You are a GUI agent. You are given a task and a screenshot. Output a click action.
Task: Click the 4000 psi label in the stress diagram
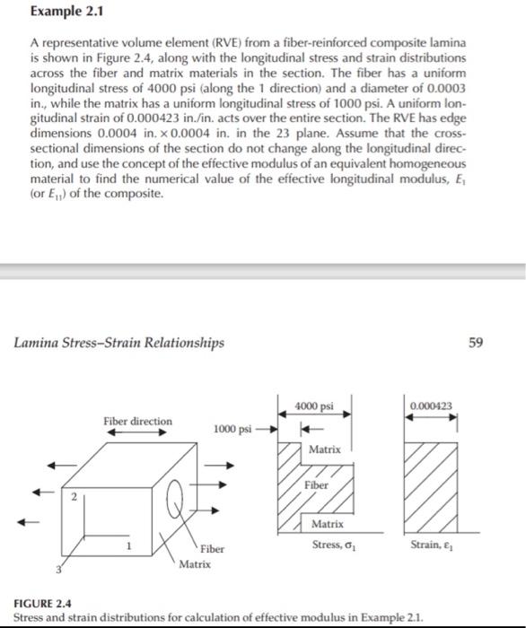pyautogui.click(x=314, y=406)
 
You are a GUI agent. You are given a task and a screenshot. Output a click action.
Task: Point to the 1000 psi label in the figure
pyautogui.click(x=232, y=429)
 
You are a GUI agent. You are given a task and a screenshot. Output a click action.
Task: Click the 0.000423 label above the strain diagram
pyautogui.click(x=430, y=406)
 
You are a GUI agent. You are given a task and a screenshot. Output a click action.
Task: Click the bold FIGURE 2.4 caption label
pyautogui.click(x=43, y=606)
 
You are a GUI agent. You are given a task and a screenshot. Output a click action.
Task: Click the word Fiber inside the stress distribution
pyautogui.click(x=316, y=484)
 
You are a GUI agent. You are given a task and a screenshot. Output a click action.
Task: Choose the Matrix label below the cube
pyautogui.click(x=194, y=563)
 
